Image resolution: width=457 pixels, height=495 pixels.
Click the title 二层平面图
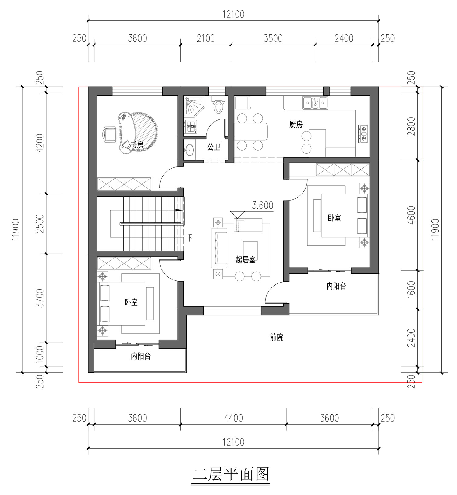231,474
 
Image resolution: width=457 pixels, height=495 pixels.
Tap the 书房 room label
137,144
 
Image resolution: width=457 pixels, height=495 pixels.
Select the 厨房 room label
296,124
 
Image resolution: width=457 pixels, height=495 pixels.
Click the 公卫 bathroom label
214,147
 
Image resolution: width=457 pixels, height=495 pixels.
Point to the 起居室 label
246,260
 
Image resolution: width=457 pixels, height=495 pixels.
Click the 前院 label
276,337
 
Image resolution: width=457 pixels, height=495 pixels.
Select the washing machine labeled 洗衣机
190,126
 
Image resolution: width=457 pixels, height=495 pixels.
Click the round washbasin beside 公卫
190,150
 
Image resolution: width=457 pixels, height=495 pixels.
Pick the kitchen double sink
315,103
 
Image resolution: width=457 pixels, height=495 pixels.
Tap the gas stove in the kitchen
363,134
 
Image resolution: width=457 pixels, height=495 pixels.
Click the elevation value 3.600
263,205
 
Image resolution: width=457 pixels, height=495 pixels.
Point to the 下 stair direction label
190,237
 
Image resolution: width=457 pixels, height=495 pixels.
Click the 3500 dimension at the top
273,38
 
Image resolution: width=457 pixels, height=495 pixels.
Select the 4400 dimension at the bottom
233,418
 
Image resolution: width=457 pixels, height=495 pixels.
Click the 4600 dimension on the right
411,215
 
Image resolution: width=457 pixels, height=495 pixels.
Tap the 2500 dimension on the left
40,224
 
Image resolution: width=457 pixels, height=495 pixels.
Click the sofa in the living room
219,248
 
